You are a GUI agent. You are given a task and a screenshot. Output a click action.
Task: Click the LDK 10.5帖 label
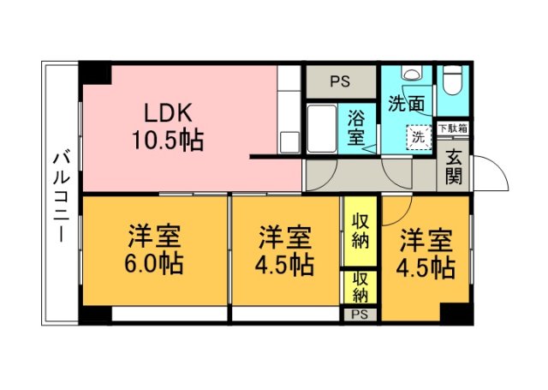pyautogui.click(x=168, y=127)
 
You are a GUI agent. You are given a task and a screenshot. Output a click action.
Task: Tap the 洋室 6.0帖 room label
pyautogui.click(x=155, y=249)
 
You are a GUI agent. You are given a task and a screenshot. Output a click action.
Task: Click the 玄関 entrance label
pyautogui.click(x=454, y=168)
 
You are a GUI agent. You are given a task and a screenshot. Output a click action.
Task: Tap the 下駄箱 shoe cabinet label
pyautogui.click(x=453, y=129)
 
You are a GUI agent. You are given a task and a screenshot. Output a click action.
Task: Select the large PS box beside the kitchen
pyautogui.click(x=341, y=82)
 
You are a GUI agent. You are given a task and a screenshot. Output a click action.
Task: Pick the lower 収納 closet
pyautogui.click(x=360, y=287)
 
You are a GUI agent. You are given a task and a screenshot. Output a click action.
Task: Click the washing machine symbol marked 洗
pyautogui.click(x=419, y=136)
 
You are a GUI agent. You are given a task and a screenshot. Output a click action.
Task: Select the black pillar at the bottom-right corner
pyautogui.click(x=456, y=313)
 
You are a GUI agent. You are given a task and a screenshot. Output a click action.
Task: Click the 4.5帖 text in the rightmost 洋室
pyautogui.click(x=425, y=267)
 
